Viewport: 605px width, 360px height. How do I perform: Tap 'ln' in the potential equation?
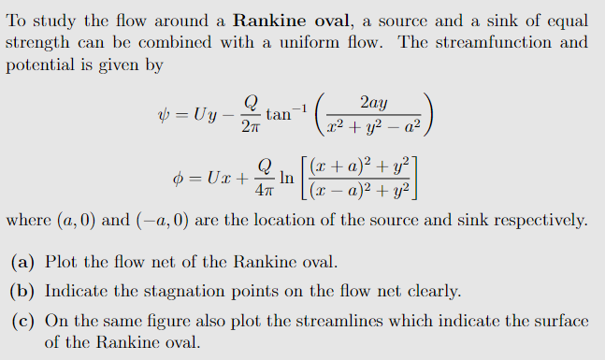pyautogui.click(x=287, y=175)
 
